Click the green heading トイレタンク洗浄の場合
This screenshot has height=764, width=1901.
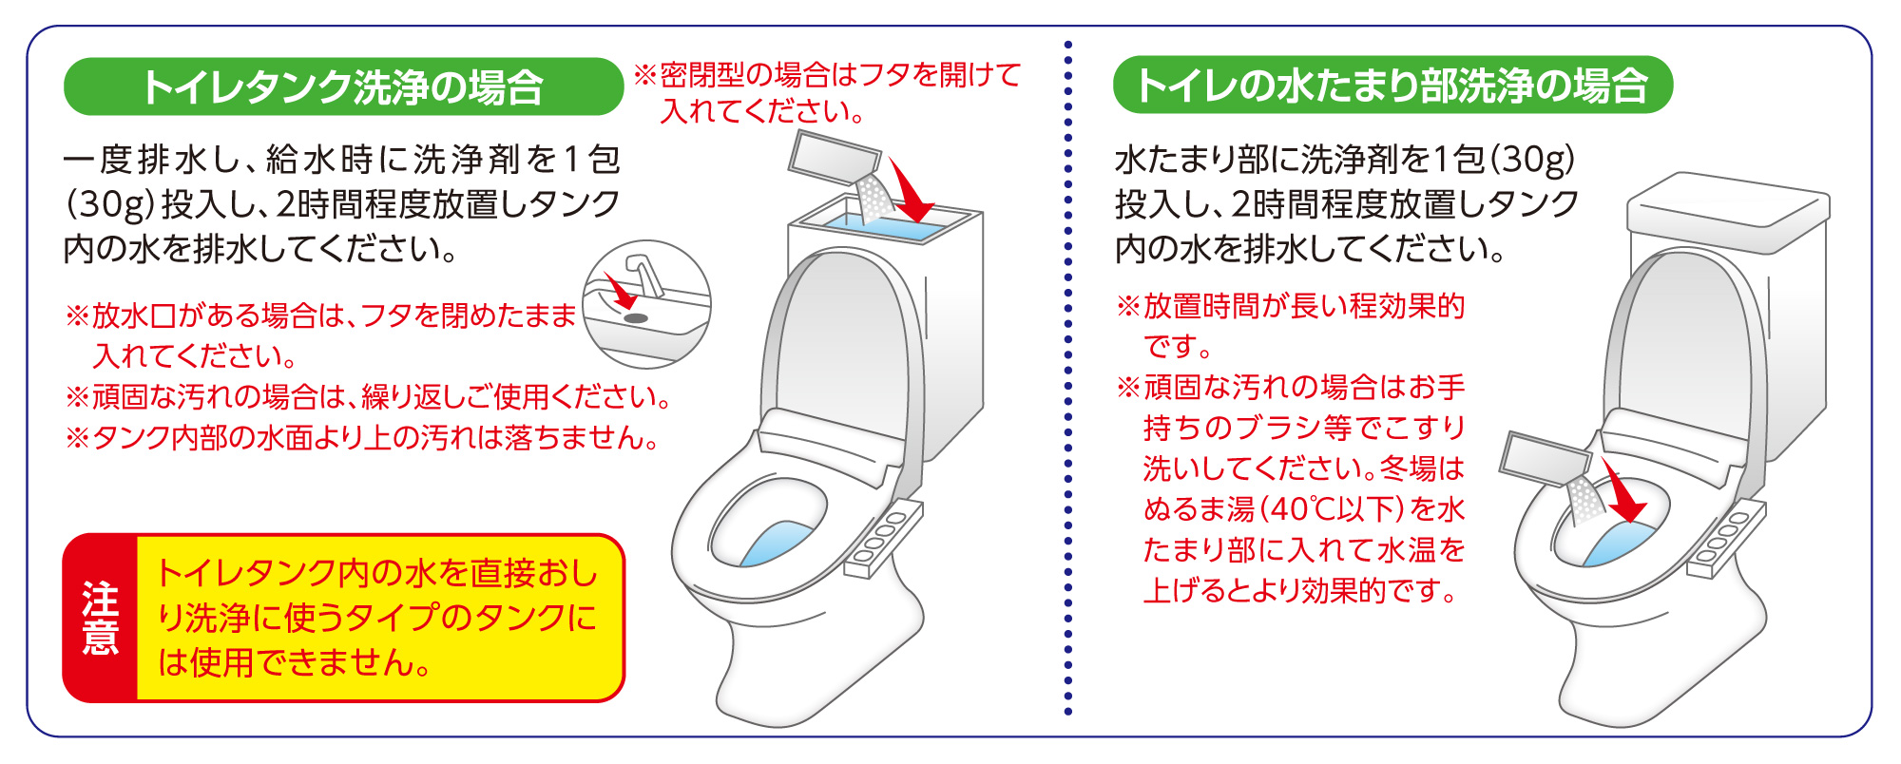(x=343, y=86)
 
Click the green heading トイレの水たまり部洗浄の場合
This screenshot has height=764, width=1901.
(x=1392, y=86)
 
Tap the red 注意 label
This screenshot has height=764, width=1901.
(x=101, y=619)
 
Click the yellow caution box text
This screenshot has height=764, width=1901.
(x=377, y=619)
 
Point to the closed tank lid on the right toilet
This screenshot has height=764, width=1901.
(x=1728, y=213)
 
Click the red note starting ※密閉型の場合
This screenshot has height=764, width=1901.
(x=827, y=92)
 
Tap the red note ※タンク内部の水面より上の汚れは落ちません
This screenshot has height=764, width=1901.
(x=362, y=437)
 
